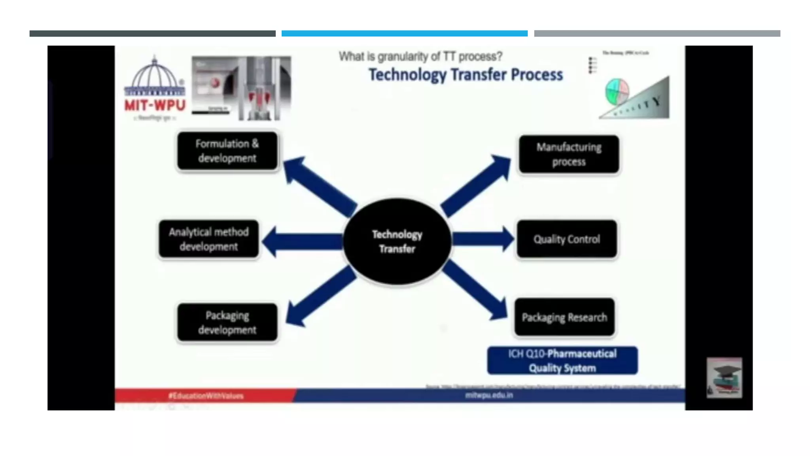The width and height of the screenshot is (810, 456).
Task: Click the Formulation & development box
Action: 227,151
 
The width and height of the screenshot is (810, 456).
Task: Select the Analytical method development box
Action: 209,239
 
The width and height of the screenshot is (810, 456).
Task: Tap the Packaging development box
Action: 227,323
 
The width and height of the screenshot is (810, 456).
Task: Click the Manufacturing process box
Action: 569,154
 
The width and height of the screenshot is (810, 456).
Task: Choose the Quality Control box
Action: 567,239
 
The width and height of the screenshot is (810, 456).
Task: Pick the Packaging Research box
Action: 564,317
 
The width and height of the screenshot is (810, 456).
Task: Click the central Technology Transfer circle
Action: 397,241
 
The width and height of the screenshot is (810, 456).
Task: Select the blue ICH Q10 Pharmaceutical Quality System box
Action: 562,361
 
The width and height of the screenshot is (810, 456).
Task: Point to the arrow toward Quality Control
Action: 483,239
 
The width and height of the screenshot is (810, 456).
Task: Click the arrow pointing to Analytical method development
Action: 303,241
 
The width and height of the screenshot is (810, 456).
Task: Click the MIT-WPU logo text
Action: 155,105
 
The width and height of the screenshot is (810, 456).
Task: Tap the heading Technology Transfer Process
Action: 466,74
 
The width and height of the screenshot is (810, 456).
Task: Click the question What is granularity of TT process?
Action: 420,57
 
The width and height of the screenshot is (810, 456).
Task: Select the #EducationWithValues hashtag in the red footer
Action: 206,395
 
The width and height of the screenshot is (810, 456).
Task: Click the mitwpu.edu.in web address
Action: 489,395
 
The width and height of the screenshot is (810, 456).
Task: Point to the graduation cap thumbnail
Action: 724,378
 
